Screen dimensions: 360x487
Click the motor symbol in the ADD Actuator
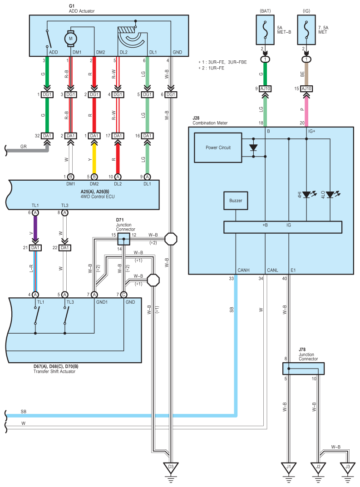point(70,39)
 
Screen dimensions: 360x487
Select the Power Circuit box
point(218,148)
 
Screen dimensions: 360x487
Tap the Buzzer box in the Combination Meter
point(236,201)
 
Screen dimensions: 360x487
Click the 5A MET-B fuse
point(265,30)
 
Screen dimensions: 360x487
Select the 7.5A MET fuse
point(306,30)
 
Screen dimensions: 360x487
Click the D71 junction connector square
point(123,239)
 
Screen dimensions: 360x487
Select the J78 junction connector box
point(303,369)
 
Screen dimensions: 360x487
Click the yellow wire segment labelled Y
point(94,160)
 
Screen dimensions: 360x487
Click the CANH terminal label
point(243,270)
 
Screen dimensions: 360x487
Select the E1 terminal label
point(293,270)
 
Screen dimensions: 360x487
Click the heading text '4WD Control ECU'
point(98,197)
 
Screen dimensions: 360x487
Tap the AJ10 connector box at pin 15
point(306,89)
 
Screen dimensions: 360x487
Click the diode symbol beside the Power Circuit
point(253,148)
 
